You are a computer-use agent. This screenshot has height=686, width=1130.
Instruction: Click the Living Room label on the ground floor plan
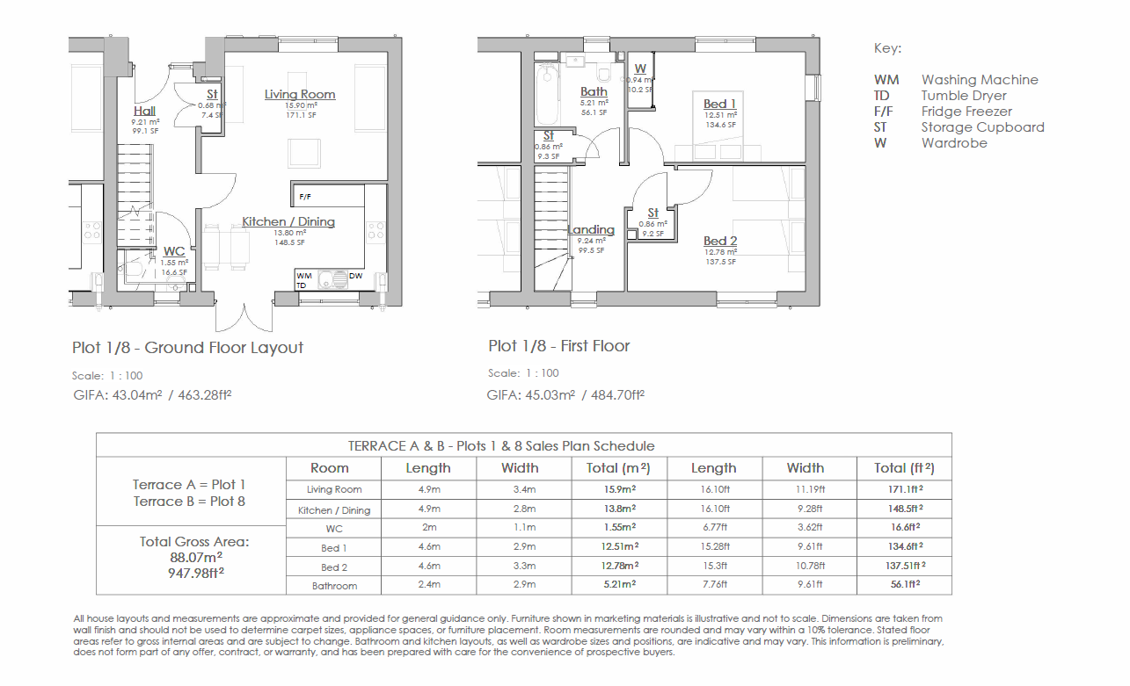point(300,94)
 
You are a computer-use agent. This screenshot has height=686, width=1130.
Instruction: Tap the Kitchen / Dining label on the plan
point(288,221)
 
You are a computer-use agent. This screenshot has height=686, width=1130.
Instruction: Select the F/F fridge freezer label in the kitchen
point(304,197)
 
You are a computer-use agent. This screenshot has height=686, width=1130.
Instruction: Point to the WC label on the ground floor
point(174,251)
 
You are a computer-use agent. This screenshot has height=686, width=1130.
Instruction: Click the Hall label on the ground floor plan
point(144,111)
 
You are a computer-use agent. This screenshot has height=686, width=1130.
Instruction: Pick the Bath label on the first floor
point(594,91)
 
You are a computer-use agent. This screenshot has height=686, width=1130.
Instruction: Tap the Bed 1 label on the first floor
point(720,104)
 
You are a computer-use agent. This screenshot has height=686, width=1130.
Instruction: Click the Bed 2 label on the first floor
point(720,241)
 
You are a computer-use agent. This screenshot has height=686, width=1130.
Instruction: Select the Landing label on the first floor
point(591,230)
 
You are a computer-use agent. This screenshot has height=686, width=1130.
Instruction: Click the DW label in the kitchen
point(355,276)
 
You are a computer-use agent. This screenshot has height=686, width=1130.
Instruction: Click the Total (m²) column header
point(618,468)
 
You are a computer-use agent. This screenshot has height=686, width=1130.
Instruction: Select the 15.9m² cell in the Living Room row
point(620,489)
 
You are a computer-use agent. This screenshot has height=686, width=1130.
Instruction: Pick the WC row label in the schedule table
point(334,529)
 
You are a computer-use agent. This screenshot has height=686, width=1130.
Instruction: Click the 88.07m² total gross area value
point(196,558)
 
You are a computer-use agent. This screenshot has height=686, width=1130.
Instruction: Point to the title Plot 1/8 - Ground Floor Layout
point(187,347)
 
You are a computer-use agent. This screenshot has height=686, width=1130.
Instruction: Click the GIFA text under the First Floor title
point(565,394)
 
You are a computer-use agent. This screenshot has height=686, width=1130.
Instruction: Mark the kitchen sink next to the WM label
point(333,279)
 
